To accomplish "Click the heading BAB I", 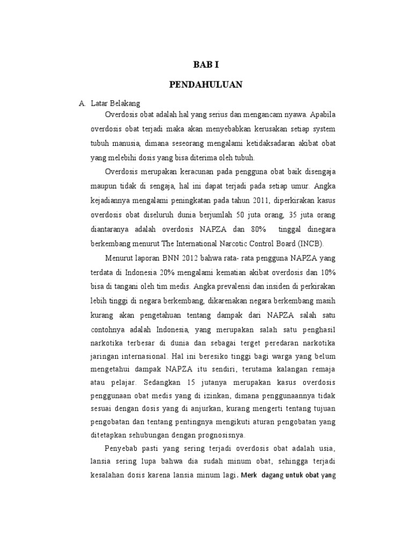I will (206, 65).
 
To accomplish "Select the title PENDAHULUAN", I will (206, 84).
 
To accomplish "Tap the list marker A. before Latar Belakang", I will (82, 103).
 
